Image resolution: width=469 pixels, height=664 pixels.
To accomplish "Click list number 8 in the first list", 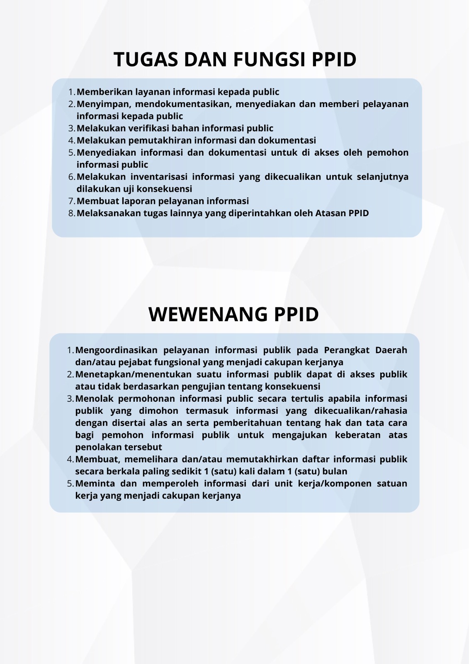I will (x=71, y=213).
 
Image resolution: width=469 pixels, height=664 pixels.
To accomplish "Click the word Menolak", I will (x=93, y=398).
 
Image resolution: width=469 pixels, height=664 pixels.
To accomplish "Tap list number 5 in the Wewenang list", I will (x=70, y=483).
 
